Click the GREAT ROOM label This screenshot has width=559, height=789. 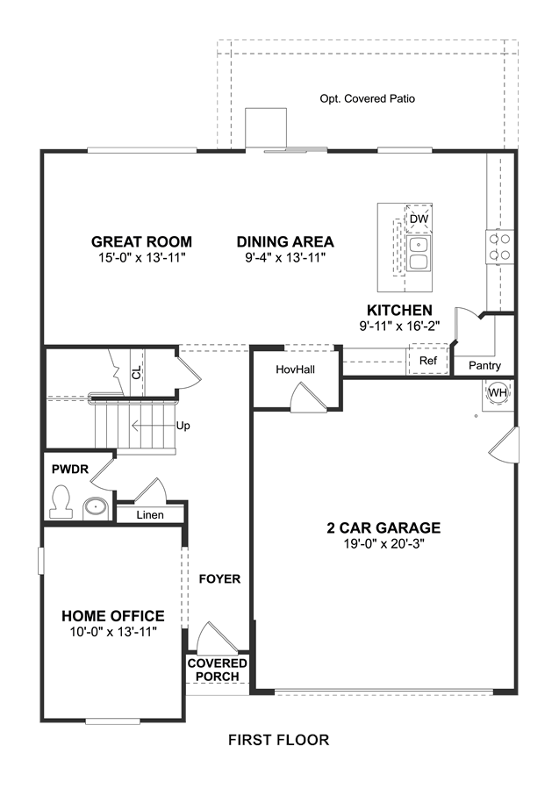click(141, 241)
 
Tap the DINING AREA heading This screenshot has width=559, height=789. click(285, 241)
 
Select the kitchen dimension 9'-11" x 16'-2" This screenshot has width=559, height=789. click(399, 326)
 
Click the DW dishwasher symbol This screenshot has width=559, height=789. click(419, 219)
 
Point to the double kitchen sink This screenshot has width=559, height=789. click(419, 254)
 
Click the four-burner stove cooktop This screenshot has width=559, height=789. click(498, 247)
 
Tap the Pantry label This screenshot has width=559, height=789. click(484, 366)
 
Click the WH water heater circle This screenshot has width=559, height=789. click(498, 392)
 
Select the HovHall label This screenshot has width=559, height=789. click(296, 369)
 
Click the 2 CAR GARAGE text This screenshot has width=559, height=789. click(383, 527)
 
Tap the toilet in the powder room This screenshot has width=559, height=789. click(61, 501)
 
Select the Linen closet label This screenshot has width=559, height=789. click(150, 515)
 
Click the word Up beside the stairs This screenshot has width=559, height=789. click(183, 426)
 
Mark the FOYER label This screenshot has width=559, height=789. click(220, 579)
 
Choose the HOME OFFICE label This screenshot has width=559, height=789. click(113, 616)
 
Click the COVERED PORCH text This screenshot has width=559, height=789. click(218, 670)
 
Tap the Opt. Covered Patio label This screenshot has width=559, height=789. click(368, 98)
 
